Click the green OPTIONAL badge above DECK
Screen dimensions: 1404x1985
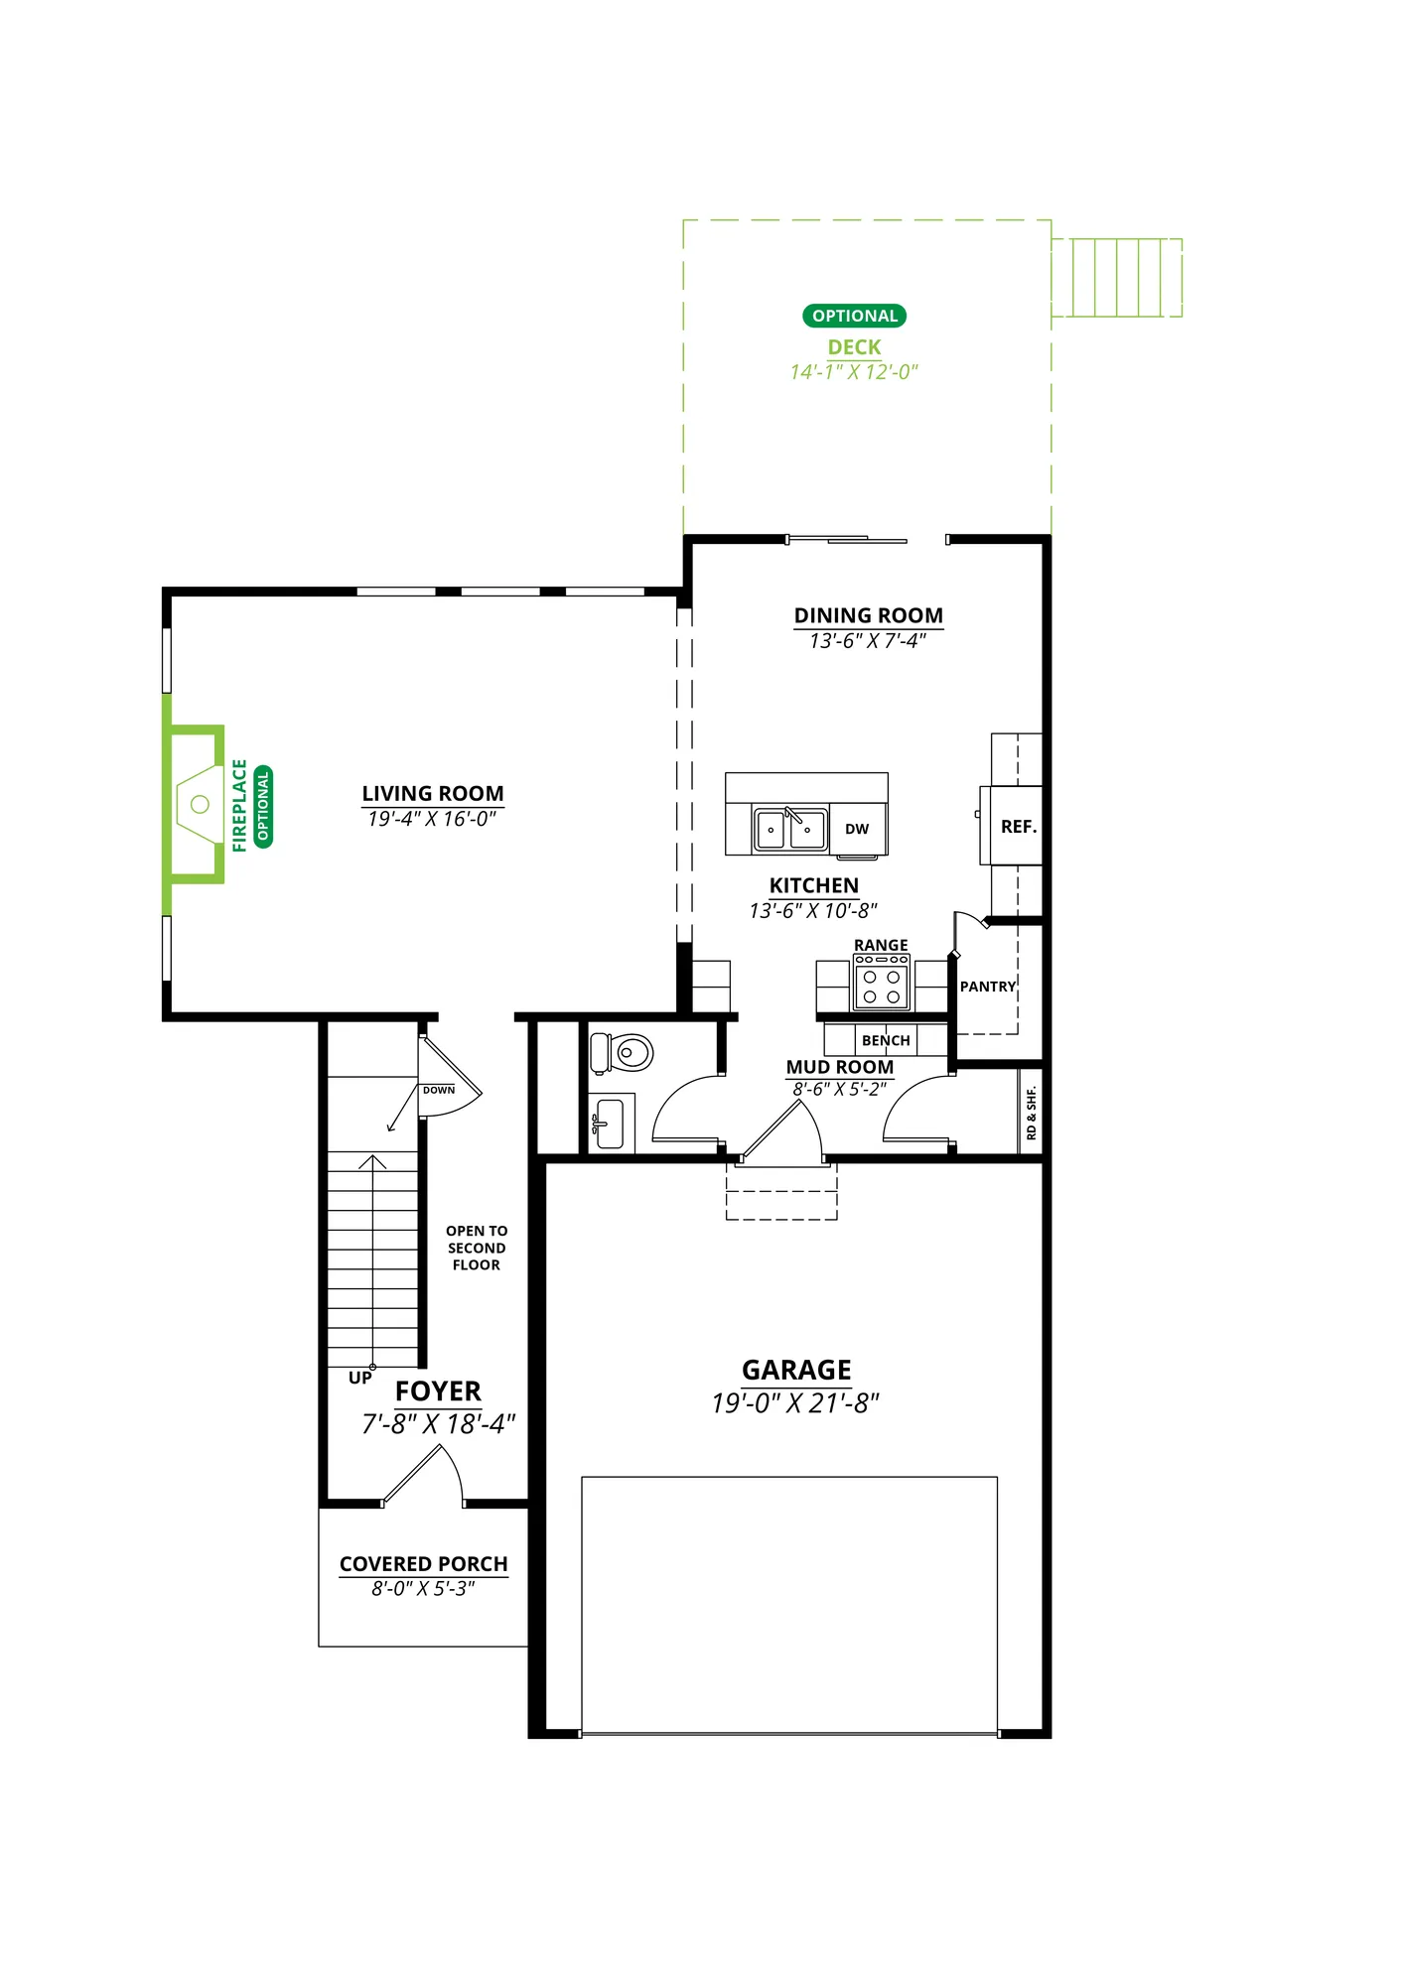pos(854,316)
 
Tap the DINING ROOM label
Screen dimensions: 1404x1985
pos(869,615)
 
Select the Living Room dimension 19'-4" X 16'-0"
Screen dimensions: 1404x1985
pos(432,819)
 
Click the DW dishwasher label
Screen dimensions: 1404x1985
pos(857,829)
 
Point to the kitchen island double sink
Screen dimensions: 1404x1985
pos(790,829)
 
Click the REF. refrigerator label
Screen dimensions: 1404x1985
pos(1019,827)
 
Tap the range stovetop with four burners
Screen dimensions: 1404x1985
pos(882,983)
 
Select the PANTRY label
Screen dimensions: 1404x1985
pos(988,987)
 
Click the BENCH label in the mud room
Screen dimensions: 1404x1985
pos(886,1040)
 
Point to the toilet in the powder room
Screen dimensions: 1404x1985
pos(622,1052)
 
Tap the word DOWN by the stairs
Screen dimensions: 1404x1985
pos(439,1090)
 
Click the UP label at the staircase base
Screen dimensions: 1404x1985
pos(360,1378)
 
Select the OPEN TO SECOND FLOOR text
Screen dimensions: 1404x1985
pos(477,1248)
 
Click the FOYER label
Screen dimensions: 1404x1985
pos(438,1391)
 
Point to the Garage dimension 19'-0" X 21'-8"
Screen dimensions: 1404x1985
pos(795,1403)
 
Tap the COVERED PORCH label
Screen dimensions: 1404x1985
pos(424,1564)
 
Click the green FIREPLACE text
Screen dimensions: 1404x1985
pos(239,805)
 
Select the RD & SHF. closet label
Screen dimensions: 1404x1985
pos(1032,1113)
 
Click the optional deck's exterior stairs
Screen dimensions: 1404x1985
pos(1117,278)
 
